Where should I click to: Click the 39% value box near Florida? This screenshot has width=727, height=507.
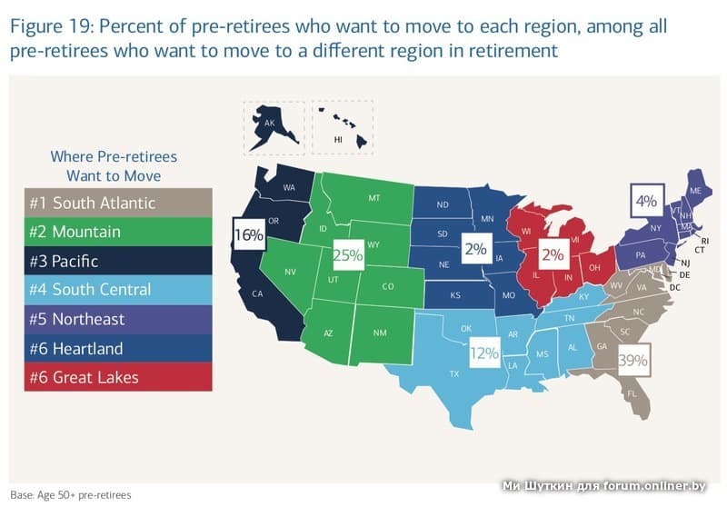click(632, 361)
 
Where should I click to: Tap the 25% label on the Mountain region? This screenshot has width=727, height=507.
click(347, 255)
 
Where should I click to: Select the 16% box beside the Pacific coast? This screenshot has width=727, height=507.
click(248, 235)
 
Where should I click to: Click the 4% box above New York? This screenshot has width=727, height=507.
click(647, 198)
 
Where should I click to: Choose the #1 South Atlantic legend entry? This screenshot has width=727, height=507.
click(118, 203)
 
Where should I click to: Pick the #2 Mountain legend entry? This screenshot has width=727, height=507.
click(118, 232)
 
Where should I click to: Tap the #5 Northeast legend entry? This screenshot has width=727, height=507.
click(118, 319)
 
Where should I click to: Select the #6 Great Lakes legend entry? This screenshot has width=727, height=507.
click(118, 376)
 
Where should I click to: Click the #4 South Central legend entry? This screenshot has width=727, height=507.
click(118, 290)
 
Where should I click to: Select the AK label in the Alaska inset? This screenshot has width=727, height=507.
click(268, 123)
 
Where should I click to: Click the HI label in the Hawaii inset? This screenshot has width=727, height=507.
click(338, 140)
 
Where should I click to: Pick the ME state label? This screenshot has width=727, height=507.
click(695, 191)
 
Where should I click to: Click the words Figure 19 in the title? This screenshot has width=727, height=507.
click(50, 26)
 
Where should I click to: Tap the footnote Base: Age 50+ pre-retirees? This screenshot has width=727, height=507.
click(71, 495)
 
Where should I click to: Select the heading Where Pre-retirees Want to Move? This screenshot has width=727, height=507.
click(114, 164)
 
